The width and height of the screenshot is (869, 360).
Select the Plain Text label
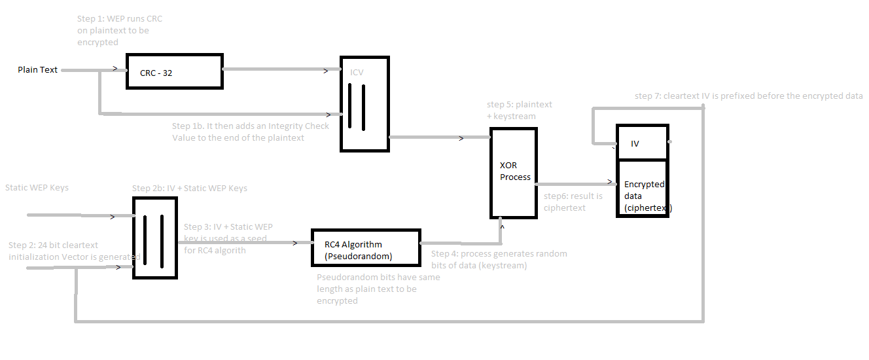37,69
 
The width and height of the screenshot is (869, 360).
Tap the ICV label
357,72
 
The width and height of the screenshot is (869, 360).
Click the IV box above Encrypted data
642,143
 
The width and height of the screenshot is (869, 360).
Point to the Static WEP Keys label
37,187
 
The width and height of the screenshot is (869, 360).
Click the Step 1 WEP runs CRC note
119,30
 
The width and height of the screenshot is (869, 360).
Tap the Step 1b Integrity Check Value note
251,132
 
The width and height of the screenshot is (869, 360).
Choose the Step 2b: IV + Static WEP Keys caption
190,188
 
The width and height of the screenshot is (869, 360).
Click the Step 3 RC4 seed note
228,238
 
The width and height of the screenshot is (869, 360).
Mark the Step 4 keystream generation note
499,259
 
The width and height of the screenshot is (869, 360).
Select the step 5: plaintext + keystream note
520,110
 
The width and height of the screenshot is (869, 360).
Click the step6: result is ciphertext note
573,202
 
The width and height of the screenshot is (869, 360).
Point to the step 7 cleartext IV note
749,96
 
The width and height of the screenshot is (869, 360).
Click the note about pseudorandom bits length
378,289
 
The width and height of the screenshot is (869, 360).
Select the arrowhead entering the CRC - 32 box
116,69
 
